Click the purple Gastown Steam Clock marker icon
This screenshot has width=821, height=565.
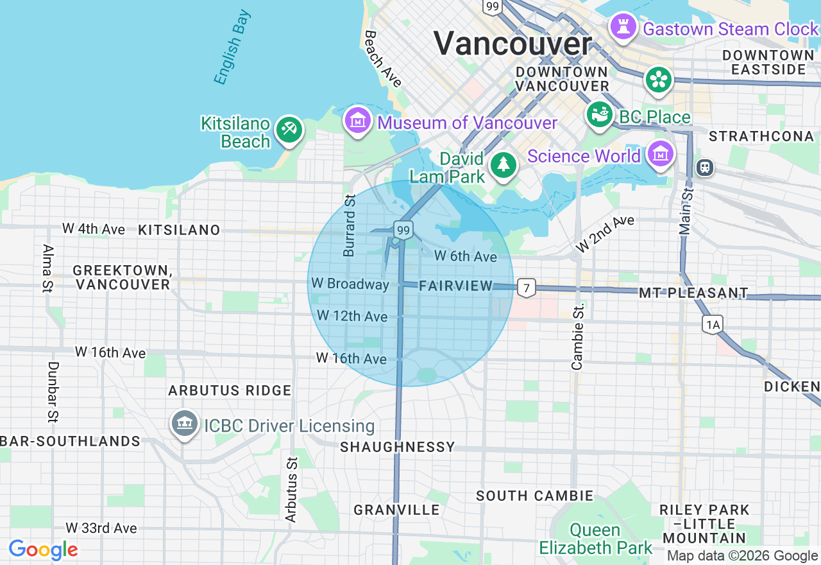click(622, 27)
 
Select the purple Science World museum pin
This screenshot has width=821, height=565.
click(660, 154)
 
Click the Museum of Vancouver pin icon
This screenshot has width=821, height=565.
click(358, 120)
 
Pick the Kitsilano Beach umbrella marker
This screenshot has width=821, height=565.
click(289, 130)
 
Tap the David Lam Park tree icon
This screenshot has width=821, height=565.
click(504, 165)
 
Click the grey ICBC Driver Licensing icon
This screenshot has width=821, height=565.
click(185, 423)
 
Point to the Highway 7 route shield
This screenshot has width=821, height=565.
click(526, 288)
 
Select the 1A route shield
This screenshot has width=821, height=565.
click(713, 325)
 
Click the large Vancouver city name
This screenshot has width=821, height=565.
click(512, 44)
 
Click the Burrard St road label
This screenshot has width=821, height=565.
click(350, 225)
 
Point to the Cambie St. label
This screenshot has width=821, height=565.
click(577, 336)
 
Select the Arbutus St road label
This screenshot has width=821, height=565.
click(292, 489)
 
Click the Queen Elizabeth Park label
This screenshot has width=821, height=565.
click(595, 539)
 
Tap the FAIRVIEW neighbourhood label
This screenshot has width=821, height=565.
click(455, 286)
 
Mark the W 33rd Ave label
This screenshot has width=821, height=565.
click(101, 528)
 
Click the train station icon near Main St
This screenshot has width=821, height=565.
click(704, 168)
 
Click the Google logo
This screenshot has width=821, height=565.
click(43, 550)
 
